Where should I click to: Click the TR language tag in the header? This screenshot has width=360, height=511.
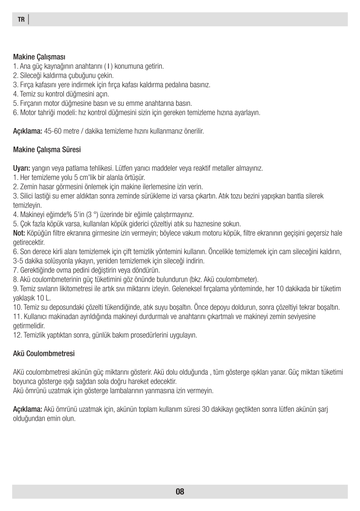(x=21, y=19)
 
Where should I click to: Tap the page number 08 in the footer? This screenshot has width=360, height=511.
(x=180, y=491)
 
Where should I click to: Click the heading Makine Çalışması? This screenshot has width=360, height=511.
(x=39, y=56)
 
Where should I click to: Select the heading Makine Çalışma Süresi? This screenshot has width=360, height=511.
(x=47, y=149)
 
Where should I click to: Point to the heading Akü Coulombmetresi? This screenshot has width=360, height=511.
(x=44, y=354)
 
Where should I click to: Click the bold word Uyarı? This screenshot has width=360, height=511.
(x=21, y=168)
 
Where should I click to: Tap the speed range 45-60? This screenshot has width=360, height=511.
(x=53, y=131)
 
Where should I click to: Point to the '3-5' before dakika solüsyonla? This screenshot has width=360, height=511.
(x=19, y=261)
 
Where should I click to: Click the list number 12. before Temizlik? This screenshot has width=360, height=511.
(x=17, y=335)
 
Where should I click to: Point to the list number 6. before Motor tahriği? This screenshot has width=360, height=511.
(x=16, y=112)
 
